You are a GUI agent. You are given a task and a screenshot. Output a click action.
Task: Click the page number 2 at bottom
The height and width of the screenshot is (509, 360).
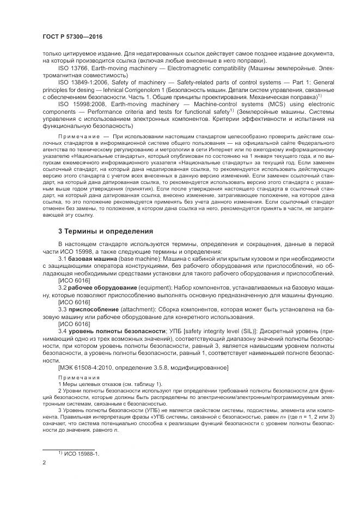tap(44, 462)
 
